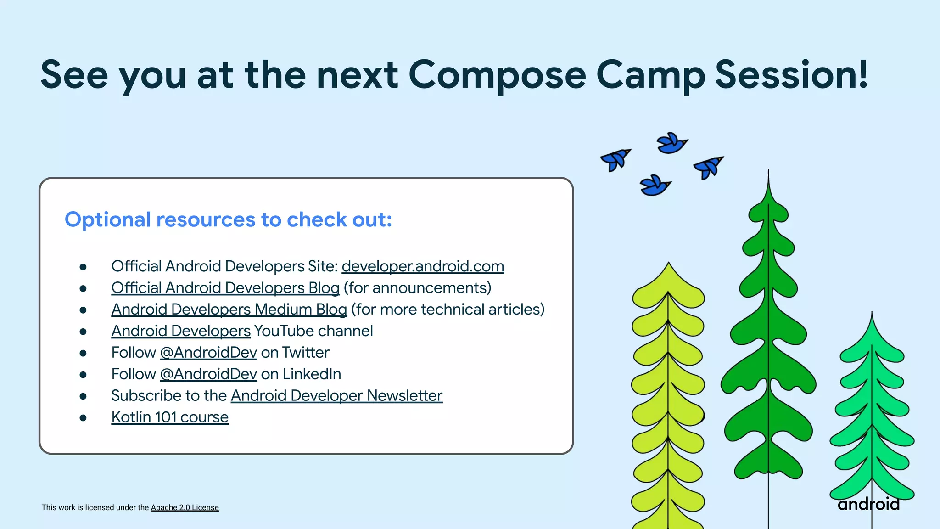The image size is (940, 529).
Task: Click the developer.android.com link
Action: [423, 266]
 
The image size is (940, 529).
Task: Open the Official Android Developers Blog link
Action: [225, 288]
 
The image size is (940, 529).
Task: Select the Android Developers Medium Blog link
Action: [229, 310]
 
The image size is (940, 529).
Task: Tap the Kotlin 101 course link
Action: [170, 417]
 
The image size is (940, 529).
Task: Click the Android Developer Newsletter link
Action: [336, 395]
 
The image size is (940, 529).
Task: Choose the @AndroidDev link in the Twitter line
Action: [208, 353]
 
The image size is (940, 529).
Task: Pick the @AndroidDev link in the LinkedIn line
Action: [208, 374]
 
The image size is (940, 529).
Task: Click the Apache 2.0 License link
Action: [185, 507]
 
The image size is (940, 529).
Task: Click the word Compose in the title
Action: [497, 75]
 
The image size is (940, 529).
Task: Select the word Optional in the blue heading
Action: [108, 219]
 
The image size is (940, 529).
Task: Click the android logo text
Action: [868, 504]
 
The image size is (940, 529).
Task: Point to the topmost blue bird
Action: [671, 143]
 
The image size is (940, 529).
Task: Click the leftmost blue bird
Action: [615, 159]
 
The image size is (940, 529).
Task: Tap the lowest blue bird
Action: [655, 186]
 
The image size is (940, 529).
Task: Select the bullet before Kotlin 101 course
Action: [83, 417]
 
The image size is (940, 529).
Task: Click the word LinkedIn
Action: [312, 374]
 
